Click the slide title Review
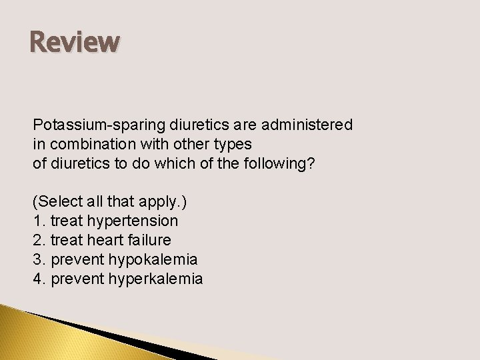click(75, 41)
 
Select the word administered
click(313, 125)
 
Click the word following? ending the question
click(281, 163)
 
